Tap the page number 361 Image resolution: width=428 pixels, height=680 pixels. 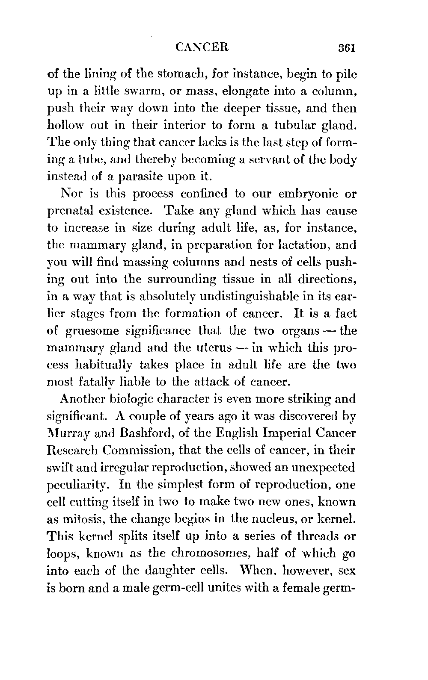pyautogui.click(x=347, y=47)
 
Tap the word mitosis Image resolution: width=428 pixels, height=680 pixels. pyautogui.click(x=83, y=520)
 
